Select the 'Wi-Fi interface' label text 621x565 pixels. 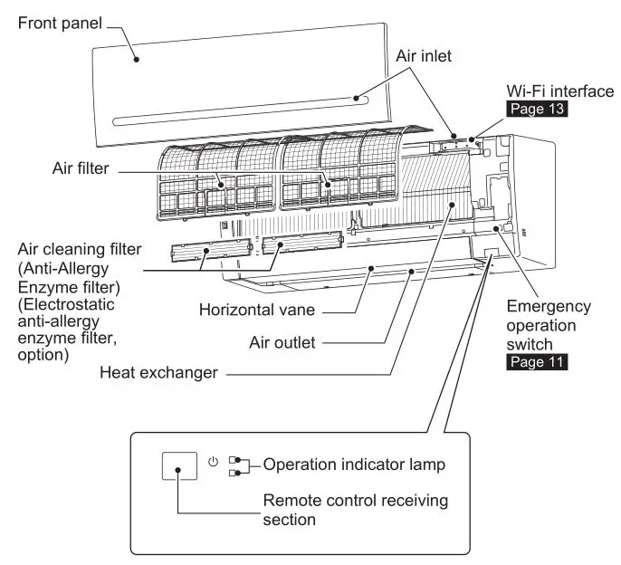[x=559, y=92]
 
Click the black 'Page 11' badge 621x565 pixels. [x=535, y=362]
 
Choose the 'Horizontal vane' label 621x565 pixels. [x=256, y=310]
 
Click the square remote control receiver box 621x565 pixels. [x=180, y=470]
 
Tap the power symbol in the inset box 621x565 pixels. [x=213, y=461]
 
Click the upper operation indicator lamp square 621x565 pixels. [x=234, y=460]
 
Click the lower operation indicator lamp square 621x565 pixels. [x=234, y=472]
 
